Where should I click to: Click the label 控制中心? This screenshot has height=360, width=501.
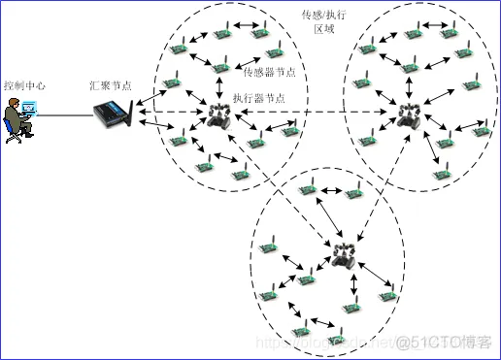coord(24,85)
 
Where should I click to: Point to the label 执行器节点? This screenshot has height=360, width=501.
coord(259,99)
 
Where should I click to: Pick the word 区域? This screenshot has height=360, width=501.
coord(325,31)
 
